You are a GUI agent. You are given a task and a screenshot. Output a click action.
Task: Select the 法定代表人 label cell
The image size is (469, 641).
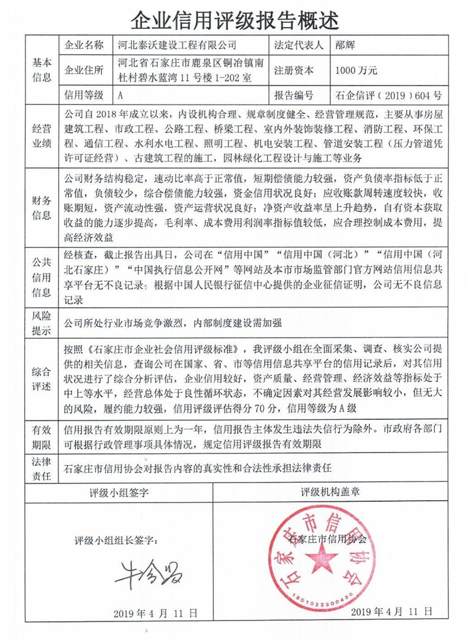point(298,45)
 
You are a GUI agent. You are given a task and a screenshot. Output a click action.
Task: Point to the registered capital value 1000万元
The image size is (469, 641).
point(356,70)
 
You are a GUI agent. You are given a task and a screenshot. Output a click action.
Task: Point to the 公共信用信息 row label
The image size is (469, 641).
point(42,276)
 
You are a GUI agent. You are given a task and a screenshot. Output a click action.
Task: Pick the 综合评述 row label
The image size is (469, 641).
point(42,379)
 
